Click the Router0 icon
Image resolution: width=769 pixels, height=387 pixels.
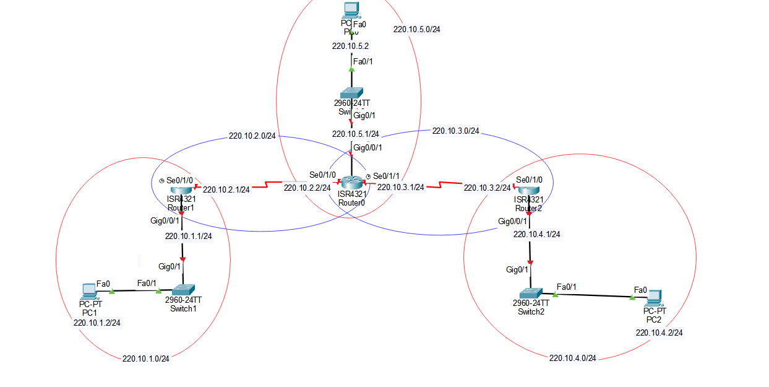coord(351,183)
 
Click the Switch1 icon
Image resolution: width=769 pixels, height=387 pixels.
coord(184,289)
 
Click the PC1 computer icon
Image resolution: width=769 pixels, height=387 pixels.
coord(90,290)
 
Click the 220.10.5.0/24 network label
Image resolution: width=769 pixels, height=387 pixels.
coord(421,28)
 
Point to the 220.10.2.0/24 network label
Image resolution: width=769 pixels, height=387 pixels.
coord(252,136)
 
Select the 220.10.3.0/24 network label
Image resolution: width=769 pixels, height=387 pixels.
coord(455,131)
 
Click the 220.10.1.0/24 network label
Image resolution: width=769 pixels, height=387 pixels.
coord(146,359)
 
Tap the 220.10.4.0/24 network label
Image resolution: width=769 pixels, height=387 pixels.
coord(572,358)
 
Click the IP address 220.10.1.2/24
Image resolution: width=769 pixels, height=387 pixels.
coord(97,322)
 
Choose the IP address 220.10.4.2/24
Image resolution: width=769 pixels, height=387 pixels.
coord(659,333)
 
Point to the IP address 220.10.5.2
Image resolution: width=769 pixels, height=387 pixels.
coord(350,46)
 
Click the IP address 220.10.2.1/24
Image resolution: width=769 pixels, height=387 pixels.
coord(226,189)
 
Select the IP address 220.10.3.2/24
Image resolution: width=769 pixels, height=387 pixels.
coord(488,188)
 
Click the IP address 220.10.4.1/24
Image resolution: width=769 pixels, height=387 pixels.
coord(536,234)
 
